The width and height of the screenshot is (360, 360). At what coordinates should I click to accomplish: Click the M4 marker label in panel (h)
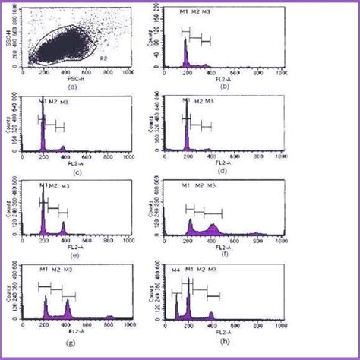tap(176, 270)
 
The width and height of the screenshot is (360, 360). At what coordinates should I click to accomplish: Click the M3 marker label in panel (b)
tap(207, 14)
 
